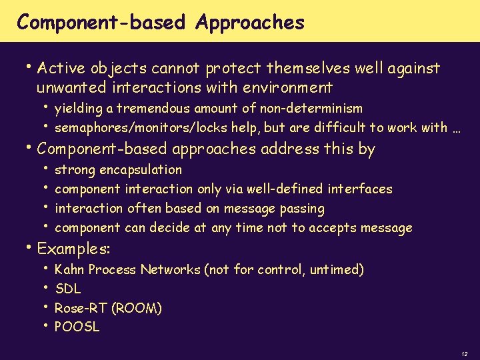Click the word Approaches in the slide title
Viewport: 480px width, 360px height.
coord(250,23)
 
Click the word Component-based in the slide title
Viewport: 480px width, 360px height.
coord(101,23)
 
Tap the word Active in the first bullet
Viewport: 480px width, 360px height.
coord(62,68)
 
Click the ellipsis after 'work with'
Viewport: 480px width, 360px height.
coord(456,128)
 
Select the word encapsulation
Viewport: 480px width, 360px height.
coord(139,169)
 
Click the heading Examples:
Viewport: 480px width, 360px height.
coord(73,249)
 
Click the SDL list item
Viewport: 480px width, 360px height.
coord(67,289)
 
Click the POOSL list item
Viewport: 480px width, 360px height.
coord(77,327)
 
